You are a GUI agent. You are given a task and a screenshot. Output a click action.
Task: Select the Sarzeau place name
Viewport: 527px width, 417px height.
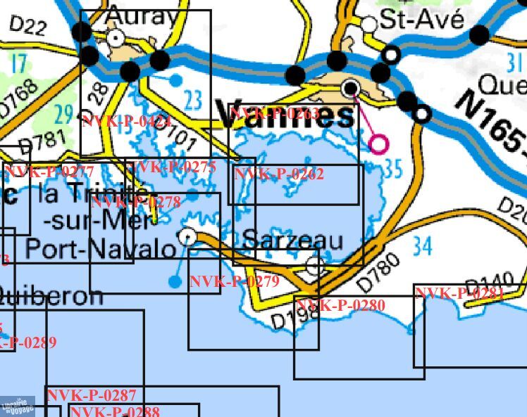click(x=292, y=240)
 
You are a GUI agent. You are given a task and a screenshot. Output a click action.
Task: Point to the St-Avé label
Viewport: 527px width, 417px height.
click(x=421, y=20)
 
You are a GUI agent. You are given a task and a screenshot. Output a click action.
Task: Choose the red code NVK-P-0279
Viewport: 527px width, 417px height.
click(x=235, y=281)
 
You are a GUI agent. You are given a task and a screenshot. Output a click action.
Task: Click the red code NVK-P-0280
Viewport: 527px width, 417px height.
click(x=340, y=305)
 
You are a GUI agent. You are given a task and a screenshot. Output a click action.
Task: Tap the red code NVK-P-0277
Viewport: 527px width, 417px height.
click(x=49, y=171)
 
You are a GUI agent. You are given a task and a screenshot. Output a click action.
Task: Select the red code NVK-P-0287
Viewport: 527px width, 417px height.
click(x=91, y=395)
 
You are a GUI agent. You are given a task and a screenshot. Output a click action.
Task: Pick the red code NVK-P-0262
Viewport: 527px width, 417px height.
click(x=279, y=174)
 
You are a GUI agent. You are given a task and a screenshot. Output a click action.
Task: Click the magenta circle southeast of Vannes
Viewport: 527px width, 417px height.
click(x=379, y=145)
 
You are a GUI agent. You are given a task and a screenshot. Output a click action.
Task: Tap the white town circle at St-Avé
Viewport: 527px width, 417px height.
click(x=369, y=25)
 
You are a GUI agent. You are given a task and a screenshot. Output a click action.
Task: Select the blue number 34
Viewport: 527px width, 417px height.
click(x=421, y=246)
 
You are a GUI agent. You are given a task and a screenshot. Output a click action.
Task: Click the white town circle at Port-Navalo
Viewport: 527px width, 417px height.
click(x=187, y=236)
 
